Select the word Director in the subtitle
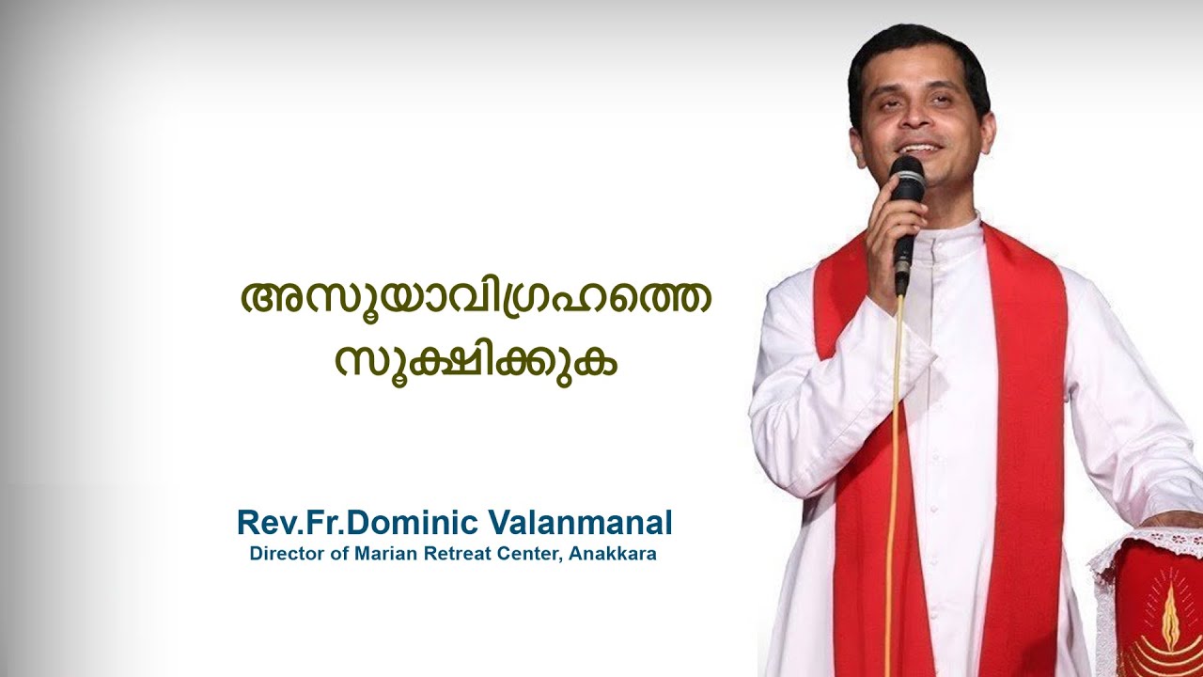click(284, 554)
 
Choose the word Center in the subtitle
click(527, 554)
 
